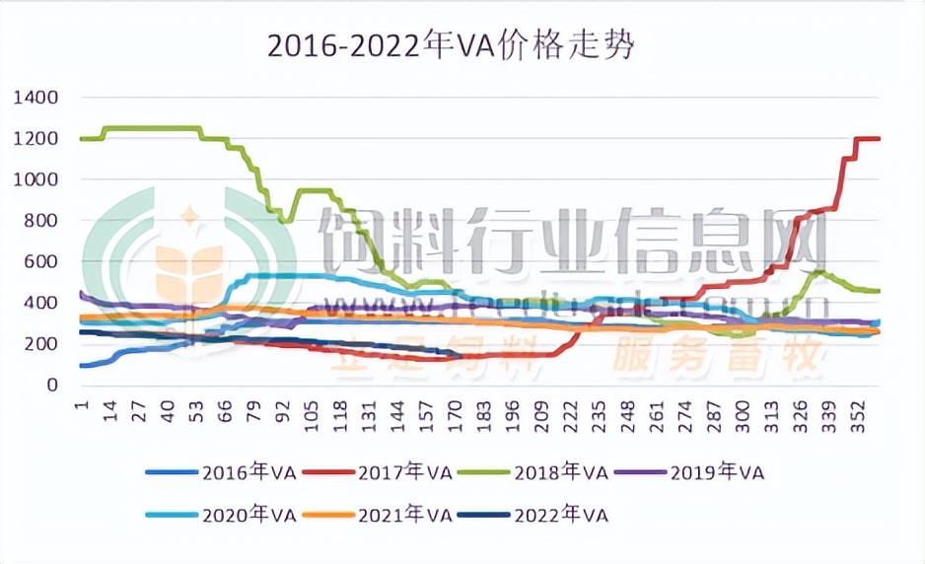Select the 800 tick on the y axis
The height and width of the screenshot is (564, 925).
(41, 221)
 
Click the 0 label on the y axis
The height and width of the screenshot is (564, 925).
(54, 386)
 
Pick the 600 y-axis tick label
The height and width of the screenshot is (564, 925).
(41, 262)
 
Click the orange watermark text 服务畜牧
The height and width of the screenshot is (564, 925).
(717, 360)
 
